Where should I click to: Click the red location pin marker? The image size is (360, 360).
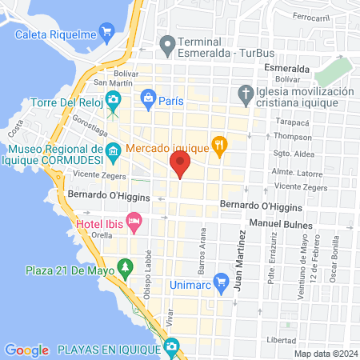[x=180, y=166]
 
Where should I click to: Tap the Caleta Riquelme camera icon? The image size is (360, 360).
[x=107, y=33]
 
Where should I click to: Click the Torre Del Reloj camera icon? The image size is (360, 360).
[x=114, y=98]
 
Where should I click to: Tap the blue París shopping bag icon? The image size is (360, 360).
[x=147, y=100]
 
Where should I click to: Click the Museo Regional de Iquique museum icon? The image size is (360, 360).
[x=113, y=150]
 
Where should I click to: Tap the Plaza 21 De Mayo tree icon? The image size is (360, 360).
[x=123, y=266]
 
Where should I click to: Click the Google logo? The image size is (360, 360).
[x=26, y=350]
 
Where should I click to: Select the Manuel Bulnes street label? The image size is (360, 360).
[x=279, y=222]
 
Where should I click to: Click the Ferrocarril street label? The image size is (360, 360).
[x=312, y=16]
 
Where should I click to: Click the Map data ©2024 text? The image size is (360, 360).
[x=324, y=353]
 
